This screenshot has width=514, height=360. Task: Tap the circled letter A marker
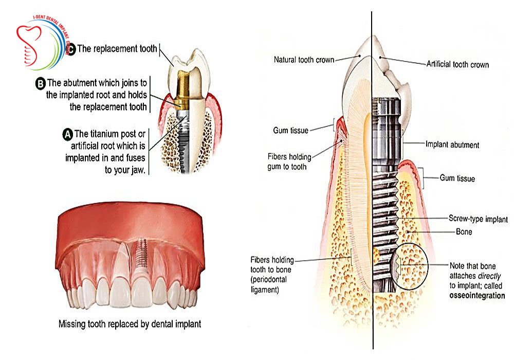[67, 134]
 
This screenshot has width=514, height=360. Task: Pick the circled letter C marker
[71, 50]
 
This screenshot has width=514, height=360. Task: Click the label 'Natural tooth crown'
[303, 60]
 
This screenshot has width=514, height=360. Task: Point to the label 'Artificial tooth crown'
[457, 65]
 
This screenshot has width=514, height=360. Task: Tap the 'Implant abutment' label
[452, 145]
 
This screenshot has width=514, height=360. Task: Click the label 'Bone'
[464, 232]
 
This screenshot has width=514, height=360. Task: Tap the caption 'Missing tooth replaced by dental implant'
[129, 324]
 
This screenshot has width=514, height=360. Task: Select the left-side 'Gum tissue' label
[291, 131]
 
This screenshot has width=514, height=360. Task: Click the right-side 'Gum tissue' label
[457, 179]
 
